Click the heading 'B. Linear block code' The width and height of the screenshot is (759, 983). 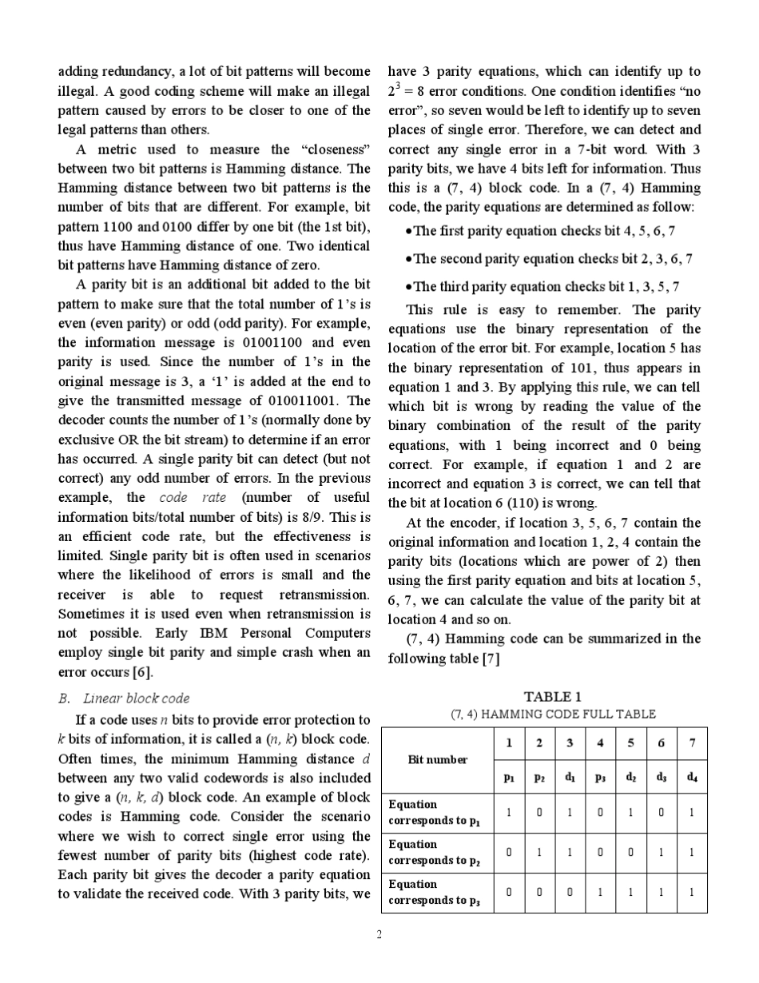coord(125,698)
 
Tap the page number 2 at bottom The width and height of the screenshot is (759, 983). coord(379,933)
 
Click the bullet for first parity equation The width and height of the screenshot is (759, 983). coord(409,231)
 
